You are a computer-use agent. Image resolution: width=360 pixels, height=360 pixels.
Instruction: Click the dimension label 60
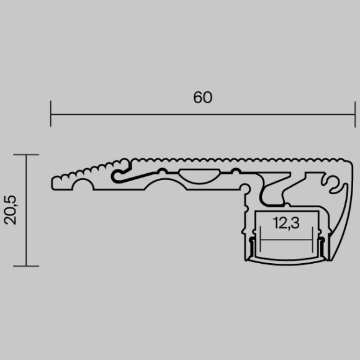pyautogui.click(x=202, y=97)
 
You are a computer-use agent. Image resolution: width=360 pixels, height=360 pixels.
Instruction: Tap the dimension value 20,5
pyautogui.click(x=11, y=210)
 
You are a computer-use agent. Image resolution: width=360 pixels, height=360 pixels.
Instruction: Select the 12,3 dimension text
pyautogui.click(x=286, y=223)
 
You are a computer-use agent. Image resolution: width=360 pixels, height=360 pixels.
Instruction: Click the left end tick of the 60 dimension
pyautogui.click(x=51, y=114)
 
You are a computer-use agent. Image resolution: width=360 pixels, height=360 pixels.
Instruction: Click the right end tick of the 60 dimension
pyautogui.click(x=355, y=114)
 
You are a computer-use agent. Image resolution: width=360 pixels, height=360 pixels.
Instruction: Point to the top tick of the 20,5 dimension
pyautogui.click(x=26, y=155)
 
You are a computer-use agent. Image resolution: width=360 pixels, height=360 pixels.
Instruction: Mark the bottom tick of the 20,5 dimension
pyautogui.click(x=26, y=266)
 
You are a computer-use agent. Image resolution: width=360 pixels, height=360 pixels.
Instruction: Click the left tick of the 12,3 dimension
pyautogui.click(x=260, y=239)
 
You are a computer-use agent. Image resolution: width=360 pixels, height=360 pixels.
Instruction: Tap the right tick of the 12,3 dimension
pyautogui.click(x=312, y=239)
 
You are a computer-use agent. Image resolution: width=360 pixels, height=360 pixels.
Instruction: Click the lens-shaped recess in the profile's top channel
pyautogui.click(x=199, y=176)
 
